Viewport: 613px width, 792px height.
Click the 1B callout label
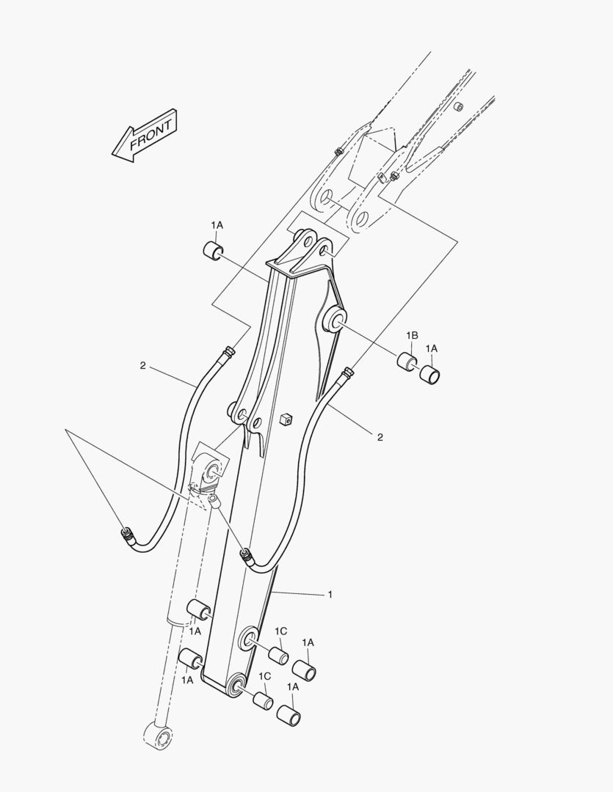pyautogui.click(x=412, y=335)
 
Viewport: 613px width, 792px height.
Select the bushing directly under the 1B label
pyautogui.click(x=407, y=362)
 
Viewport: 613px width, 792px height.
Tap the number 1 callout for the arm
pyautogui.click(x=330, y=595)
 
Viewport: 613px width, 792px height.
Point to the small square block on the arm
pyautogui.click(x=286, y=418)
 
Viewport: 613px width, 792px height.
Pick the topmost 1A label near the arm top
pyautogui.click(x=217, y=225)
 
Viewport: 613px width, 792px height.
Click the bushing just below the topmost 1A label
pyautogui.click(x=212, y=251)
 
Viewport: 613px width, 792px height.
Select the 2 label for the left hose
pyautogui.click(x=142, y=366)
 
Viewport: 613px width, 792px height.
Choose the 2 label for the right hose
pyautogui.click(x=380, y=437)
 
